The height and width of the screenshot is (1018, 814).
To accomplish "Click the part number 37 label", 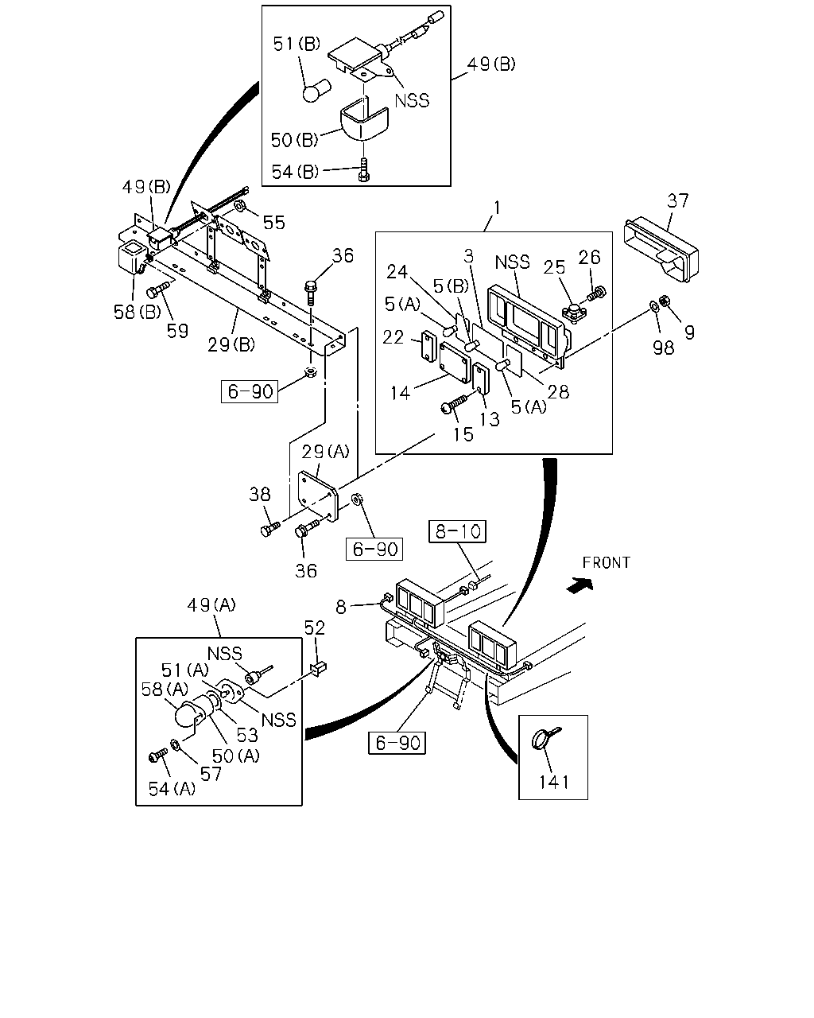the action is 678,200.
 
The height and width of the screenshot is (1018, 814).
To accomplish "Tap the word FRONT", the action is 606,562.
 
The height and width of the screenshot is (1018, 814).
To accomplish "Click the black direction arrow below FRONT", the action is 579,585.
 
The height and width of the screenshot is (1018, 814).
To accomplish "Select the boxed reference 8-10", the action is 457,531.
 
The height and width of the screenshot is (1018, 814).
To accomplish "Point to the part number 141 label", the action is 554,782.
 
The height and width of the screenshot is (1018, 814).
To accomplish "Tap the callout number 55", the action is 274,223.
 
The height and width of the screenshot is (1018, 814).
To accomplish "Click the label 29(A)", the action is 325,452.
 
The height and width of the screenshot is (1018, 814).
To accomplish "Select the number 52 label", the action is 315,628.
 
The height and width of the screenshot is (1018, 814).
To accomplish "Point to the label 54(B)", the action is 295,172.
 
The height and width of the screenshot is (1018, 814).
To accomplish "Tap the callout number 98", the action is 663,348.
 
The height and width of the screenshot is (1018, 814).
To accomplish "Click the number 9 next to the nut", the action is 690,332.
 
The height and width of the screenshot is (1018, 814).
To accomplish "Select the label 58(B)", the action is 138,312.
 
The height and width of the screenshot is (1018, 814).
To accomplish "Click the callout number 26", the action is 589,258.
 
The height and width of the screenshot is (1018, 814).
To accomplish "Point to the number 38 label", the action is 260,495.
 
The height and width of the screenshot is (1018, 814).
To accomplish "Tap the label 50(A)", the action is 235,756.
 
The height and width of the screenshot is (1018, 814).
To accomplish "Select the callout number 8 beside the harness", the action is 341,607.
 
